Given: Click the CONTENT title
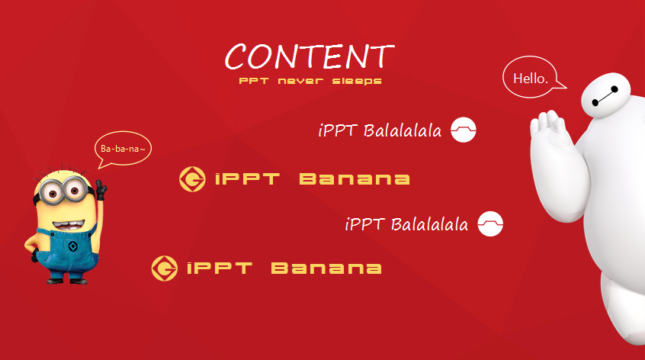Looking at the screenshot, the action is pyautogui.click(x=310, y=56).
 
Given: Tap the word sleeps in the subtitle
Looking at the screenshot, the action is pyautogui.click(x=357, y=81).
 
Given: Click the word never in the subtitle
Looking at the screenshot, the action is pyautogui.click(x=300, y=81).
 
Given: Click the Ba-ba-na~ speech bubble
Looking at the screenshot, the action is pyautogui.click(x=123, y=149).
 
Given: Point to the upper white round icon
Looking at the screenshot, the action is pyautogui.click(x=464, y=130).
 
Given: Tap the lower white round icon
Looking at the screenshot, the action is pyautogui.click(x=490, y=223).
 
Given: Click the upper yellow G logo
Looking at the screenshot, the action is pyautogui.click(x=192, y=179).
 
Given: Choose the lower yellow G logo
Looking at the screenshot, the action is pyautogui.click(x=165, y=268).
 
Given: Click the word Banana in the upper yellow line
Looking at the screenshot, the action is pyautogui.click(x=355, y=179).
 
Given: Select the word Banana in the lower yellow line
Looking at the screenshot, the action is pyautogui.click(x=326, y=268).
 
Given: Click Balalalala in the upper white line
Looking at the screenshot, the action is pyautogui.click(x=403, y=131).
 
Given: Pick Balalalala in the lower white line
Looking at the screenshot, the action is pyautogui.click(x=429, y=225).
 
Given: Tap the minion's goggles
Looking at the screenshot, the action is pyautogui.click(x=62, y=191).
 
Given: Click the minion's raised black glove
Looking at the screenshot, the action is pyautogui.click(x=101, y=189).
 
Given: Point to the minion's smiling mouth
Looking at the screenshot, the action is pyautogui.click(x=69, y=226).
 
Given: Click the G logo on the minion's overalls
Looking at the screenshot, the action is pyautogui.click(x=72, y=247).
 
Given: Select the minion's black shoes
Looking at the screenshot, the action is pyautogui.click(x=67, y=281).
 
